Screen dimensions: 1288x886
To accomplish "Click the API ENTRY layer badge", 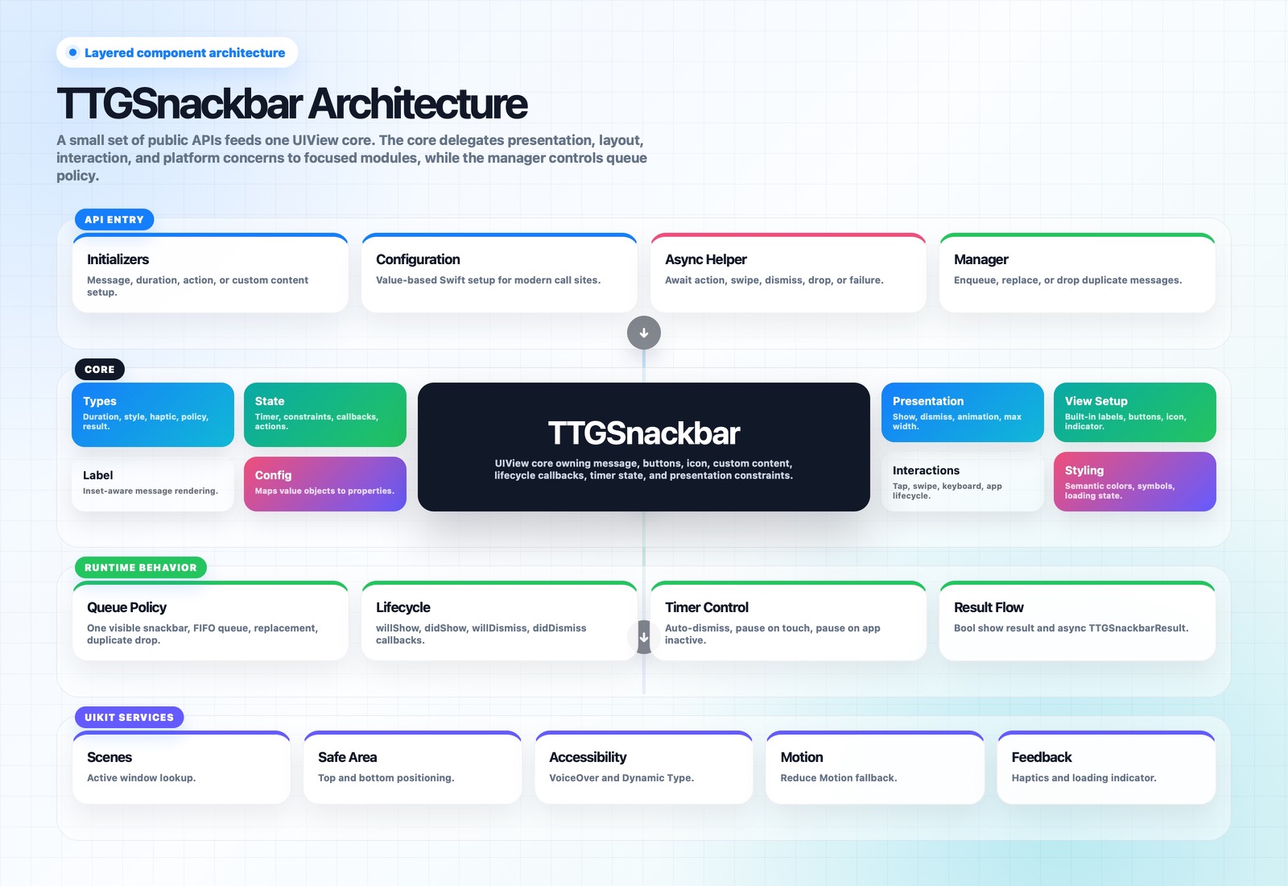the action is point(114,219).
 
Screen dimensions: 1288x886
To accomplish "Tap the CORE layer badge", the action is point(100,370).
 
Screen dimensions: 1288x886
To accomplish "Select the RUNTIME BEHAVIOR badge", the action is point(141,567).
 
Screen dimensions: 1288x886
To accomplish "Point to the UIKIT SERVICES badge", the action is point(130,718).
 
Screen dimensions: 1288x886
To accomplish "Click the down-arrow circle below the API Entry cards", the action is point(643,333).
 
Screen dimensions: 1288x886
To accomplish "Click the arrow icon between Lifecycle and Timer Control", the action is point(644,637).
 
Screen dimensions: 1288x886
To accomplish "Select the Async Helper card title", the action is point(705,259).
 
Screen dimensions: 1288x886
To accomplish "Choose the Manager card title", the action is point(981,259).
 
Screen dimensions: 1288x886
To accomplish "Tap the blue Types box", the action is point(153,415).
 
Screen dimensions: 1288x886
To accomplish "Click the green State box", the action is point(325,415).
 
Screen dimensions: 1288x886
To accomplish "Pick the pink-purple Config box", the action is point(325,484).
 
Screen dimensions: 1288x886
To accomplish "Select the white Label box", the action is point(153,484).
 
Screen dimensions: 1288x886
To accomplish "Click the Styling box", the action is point(1134,482).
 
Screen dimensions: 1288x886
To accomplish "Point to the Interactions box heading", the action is point(926,470).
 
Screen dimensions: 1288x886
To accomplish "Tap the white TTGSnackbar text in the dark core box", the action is point(643,433).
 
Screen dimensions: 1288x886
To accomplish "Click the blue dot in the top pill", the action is point(73,52).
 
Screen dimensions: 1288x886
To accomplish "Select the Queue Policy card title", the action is point(126,607).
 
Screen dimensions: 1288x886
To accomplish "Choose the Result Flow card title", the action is point(989,607).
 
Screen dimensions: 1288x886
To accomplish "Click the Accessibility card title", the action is point(588,757).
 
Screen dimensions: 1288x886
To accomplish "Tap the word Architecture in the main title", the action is point(418,104).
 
